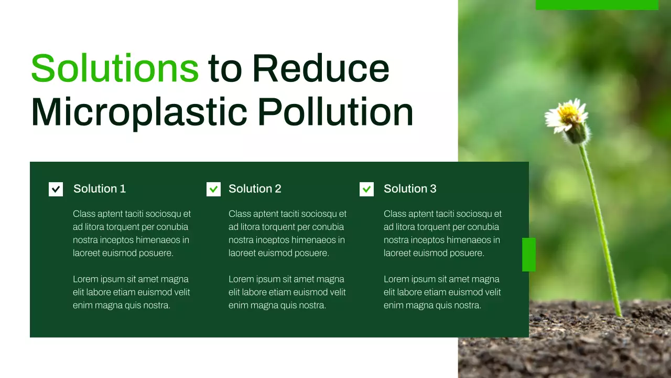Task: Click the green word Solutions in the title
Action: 115,68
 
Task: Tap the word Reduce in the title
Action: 321,68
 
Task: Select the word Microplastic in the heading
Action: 139,112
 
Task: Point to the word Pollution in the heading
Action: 335,112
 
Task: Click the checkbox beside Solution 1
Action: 56,189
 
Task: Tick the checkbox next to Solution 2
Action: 213,189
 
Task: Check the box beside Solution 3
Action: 366,189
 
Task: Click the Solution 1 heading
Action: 100,189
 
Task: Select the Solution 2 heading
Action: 255,189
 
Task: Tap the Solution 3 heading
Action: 410,189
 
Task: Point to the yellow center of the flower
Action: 568,111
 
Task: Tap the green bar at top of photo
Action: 597,5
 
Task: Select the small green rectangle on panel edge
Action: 529,255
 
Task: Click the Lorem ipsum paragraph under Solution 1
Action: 131,292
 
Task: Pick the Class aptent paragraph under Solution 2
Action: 287,234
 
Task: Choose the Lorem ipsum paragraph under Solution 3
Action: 442,292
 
